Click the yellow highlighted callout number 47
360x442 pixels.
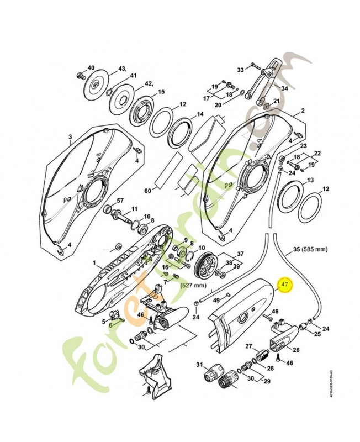tap(285, 285)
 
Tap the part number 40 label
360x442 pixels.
tap(91, 67)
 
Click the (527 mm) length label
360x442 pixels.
tap(193, 286)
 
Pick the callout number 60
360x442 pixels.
tap(147, 191)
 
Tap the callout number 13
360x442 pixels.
tap(310, 180)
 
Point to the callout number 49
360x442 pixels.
tap(216, 299)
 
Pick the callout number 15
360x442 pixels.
tap(162, 92)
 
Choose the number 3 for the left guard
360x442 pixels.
tap(71, 136)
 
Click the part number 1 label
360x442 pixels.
tap(94, 264)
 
